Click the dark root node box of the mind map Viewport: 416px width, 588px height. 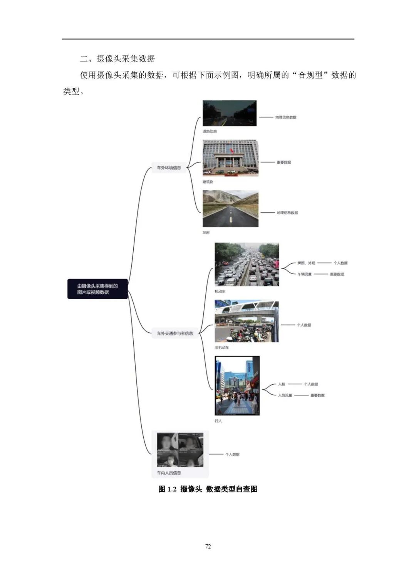pos(97,289)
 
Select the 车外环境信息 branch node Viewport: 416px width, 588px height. pos(169,168)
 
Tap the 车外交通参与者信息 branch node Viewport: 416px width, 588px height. pos(175,333)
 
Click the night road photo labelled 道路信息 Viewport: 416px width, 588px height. pos(230,113)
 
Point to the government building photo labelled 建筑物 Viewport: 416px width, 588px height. pos(230,158)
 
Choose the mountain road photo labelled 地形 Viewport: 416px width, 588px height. pos(230,209)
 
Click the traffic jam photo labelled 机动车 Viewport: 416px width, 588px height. pos(247,265)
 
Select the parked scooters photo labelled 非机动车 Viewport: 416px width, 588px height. pos(247,322)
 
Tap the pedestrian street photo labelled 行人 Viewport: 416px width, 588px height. pos(237,385)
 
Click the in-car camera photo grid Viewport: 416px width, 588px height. pos(180,449)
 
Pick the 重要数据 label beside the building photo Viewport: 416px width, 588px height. pos(284,162)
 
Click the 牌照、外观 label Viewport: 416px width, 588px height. pos(306,263)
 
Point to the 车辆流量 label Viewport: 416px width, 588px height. pos(304,274)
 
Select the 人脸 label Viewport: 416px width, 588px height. pos(282,384)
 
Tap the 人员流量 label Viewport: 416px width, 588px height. pos(285,395)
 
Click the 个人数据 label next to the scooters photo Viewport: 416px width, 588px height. pos(304,325)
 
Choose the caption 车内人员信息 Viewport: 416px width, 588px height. pos(169,473)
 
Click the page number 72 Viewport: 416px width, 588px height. pos(208,546)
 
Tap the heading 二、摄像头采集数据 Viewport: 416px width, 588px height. pos(117,59)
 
